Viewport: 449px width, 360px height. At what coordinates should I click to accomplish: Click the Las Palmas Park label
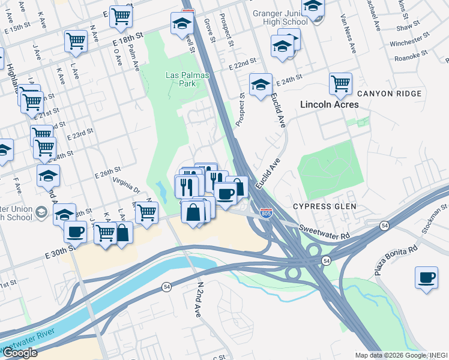[x=184, y=79]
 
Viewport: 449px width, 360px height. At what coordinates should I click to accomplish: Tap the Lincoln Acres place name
[x=330, y=104]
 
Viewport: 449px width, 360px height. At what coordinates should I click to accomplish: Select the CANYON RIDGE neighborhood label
[x=389, y=94]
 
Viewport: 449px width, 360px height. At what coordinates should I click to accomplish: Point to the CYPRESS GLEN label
[x=325, y=206]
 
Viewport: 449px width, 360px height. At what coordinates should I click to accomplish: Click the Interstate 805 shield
[x=265, y=213]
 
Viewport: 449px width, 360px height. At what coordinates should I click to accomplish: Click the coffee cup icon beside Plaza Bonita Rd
[x=426, y=278]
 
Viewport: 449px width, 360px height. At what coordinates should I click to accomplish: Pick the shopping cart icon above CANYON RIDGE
[x=340, y=83]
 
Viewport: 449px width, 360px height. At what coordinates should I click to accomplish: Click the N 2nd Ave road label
[x=197, y=298]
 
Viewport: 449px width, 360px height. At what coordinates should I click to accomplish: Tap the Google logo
[x=20, y=353]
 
